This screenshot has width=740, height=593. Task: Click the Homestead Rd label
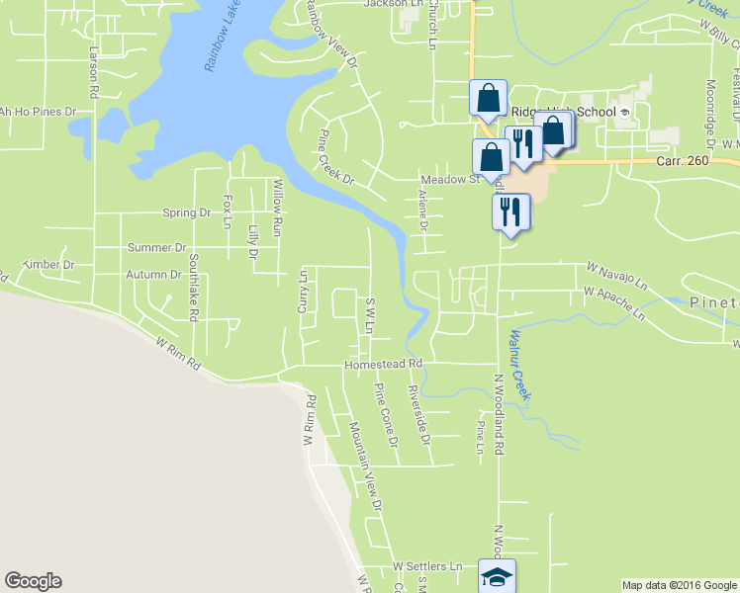click(x=383, y=365)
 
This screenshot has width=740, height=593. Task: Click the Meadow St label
click(x=449, y=179)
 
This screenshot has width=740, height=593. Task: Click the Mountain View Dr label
click(x=365, y=466)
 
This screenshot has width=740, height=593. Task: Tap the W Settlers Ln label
click(x=427, y=566)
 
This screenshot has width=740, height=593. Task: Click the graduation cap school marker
click(x=497, y=577)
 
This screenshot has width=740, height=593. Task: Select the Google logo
click(x=33, y=581)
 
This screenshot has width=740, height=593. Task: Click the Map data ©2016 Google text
click(x=678, y=585)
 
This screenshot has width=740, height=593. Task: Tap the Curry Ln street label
click(x=304, y=293)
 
